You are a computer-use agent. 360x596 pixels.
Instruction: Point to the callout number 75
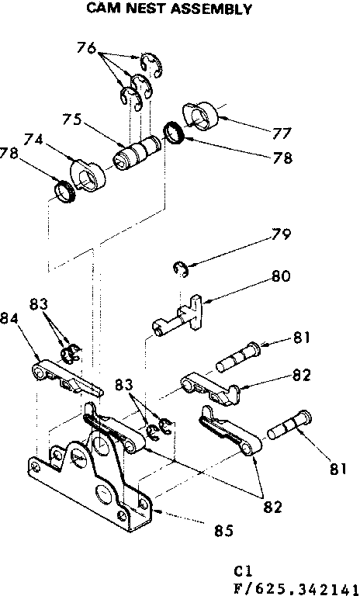coord(72,121)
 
